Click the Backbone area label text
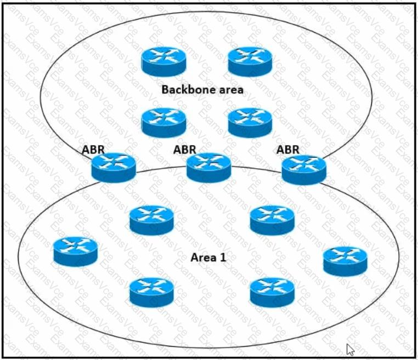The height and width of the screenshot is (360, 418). [202, 89]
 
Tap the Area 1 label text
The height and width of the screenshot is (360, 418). [208, 258]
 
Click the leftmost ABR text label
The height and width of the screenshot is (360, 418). [93, 150]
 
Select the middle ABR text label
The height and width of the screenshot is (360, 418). [184, 150]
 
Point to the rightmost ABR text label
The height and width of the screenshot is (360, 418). [287, 150]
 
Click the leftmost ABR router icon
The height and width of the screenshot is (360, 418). [114, 168]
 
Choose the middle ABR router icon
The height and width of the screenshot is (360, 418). [209, 168]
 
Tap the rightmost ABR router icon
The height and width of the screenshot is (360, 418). [304, 170]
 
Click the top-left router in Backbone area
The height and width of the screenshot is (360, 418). [163, 62]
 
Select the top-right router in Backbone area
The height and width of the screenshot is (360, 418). [250, 62]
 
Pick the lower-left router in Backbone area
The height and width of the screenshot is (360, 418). [163, 123]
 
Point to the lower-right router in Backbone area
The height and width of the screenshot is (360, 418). [250, 123]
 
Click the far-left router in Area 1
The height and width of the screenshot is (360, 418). [76, 252]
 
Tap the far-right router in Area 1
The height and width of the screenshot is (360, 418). [345, 261]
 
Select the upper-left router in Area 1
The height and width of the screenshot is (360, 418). [152, 220]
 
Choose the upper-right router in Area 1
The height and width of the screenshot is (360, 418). [273, 220]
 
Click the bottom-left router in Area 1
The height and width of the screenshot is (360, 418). [152, 293]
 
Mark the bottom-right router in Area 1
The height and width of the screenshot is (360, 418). [273, 293]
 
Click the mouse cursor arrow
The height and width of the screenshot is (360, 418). [350, 349]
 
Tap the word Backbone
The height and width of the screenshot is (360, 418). [186, 89]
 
